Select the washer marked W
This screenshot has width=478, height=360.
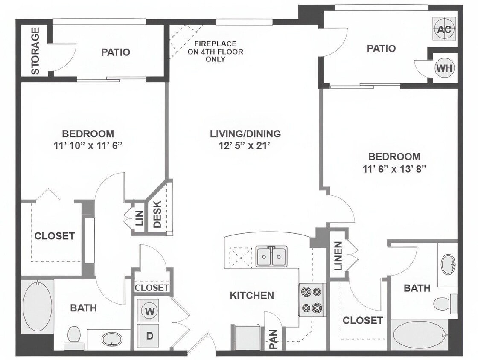pos(149,311)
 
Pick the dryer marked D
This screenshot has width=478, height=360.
pos(149,336)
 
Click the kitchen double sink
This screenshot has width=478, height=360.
pos(271,256)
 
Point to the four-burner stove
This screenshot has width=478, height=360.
pos(311,300)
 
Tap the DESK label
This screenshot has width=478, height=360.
pos(157,214)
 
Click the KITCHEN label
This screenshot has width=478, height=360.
pos(252,295)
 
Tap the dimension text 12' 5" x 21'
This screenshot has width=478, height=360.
pos(245,145)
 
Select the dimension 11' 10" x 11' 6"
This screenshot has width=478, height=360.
pos(88,145)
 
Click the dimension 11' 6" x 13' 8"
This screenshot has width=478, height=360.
pos(394,168)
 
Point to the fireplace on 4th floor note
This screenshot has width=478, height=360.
pos(215,52)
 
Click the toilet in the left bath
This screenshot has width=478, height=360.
pos(74,335)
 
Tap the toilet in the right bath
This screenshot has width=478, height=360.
pos(442,304)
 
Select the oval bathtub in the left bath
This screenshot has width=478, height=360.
pos(37,306)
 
